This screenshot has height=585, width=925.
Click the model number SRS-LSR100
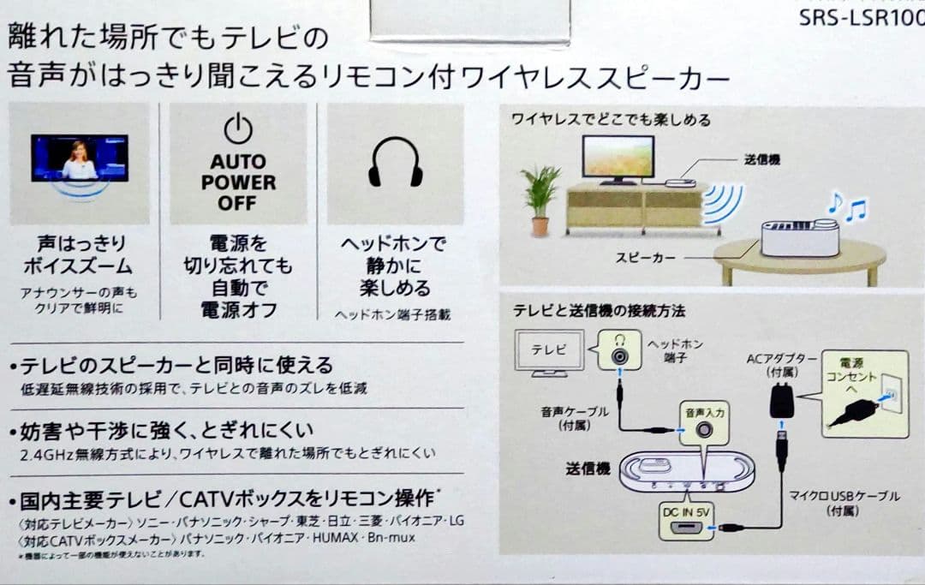861,17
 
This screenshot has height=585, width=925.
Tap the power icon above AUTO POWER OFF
238,129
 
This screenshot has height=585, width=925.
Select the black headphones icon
395,161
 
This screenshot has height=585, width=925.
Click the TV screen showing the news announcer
80,158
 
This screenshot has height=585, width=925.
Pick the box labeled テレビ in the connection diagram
548,350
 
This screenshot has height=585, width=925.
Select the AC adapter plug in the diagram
781,400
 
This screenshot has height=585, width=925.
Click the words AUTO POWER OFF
238,182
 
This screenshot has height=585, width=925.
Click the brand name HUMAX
338,538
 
